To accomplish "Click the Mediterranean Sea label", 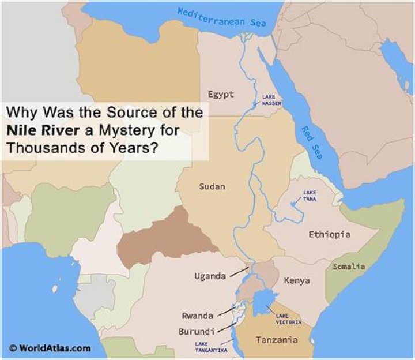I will pos(221,17).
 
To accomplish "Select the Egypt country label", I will pos(221,94).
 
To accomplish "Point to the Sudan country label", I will pos(212,186).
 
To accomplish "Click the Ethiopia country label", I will pos(329,234).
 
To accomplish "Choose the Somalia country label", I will pos(349,266).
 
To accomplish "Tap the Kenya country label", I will pos(297,280).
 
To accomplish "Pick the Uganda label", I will pos(209,276).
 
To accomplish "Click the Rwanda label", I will pos(198,316).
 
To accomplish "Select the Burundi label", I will pos(197,331).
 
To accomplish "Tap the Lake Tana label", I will pos(310,196).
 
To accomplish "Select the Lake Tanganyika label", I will pos(210,347).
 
